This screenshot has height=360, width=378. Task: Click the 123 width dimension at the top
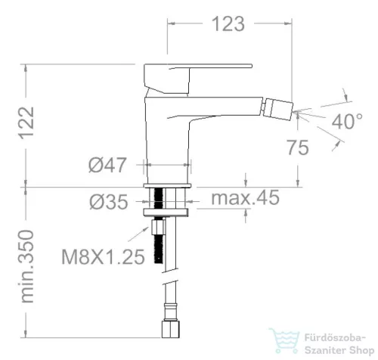click(x=228, y=24)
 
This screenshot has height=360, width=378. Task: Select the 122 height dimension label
click(x=26, y=123)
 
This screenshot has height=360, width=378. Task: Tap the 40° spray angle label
click(x=347, y=122)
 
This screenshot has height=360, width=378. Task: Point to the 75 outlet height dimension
click(x=298, y=147)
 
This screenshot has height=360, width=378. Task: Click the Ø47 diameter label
click(x=107, y=165)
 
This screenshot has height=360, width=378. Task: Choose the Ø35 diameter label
click(x=109, y=202)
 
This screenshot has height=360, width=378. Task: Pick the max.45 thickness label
click(x=245, y=197)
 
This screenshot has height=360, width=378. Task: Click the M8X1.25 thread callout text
click(x=103, y=256)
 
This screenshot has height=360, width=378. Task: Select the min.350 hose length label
click(x=26, y=266)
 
